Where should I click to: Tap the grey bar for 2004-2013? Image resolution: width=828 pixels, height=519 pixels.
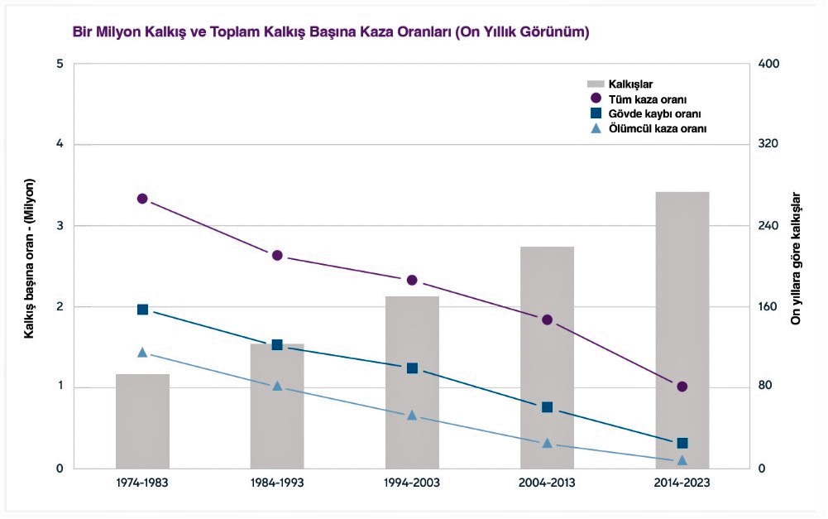click(x=547, y=357)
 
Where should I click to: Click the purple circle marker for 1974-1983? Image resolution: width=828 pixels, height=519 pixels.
click(x=142, y=199)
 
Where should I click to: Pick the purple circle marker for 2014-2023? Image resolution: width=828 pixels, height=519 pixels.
click(x=682, y=387)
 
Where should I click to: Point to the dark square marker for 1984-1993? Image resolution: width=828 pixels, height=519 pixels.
click(x=277, y=345)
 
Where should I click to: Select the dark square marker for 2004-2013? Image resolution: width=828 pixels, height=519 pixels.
click(x=547, y=407)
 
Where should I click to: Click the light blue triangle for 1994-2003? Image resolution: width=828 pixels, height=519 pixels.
click(x=412, y=415)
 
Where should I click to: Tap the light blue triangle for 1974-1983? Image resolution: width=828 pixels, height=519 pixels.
click(x=142, y=353)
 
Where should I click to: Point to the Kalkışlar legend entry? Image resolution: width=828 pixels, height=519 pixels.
click(x=630, y=84)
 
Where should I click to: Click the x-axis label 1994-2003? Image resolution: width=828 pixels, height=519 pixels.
click(x=412, y=483)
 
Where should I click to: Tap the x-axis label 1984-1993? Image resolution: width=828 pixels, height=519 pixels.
click(x=277, y=483)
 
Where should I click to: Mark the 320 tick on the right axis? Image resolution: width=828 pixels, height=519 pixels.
click(x=768, y=145)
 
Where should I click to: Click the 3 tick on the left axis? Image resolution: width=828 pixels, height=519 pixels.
click(x=59, y=226)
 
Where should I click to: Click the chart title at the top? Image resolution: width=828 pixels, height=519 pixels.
click(x=331, y=33)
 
